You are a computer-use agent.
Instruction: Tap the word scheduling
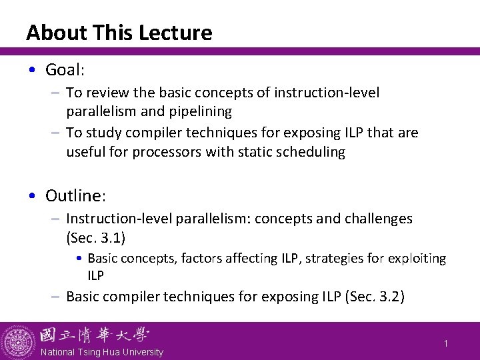pyautogui.click(x=313, y=152)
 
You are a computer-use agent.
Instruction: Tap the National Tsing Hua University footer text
pyautogui.click(x=102, y=351)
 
